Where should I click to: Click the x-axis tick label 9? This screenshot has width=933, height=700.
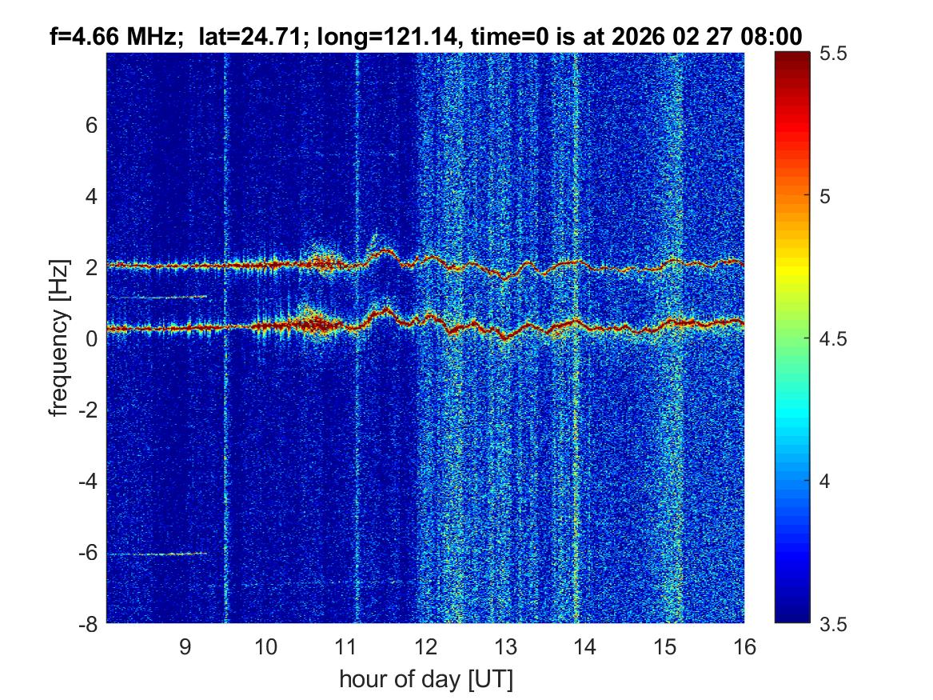[185, 646]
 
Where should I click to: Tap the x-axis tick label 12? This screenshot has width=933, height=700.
[425, 646]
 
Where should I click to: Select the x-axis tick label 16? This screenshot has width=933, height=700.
[744, 646]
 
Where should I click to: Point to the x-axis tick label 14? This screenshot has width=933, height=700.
[584, 646]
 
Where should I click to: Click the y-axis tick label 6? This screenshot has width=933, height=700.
[91, 125]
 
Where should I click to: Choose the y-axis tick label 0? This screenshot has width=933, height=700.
[91, 338]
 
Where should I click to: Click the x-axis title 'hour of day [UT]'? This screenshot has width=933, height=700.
[425, 679]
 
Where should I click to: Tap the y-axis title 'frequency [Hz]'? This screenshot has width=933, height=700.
[58, 339]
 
